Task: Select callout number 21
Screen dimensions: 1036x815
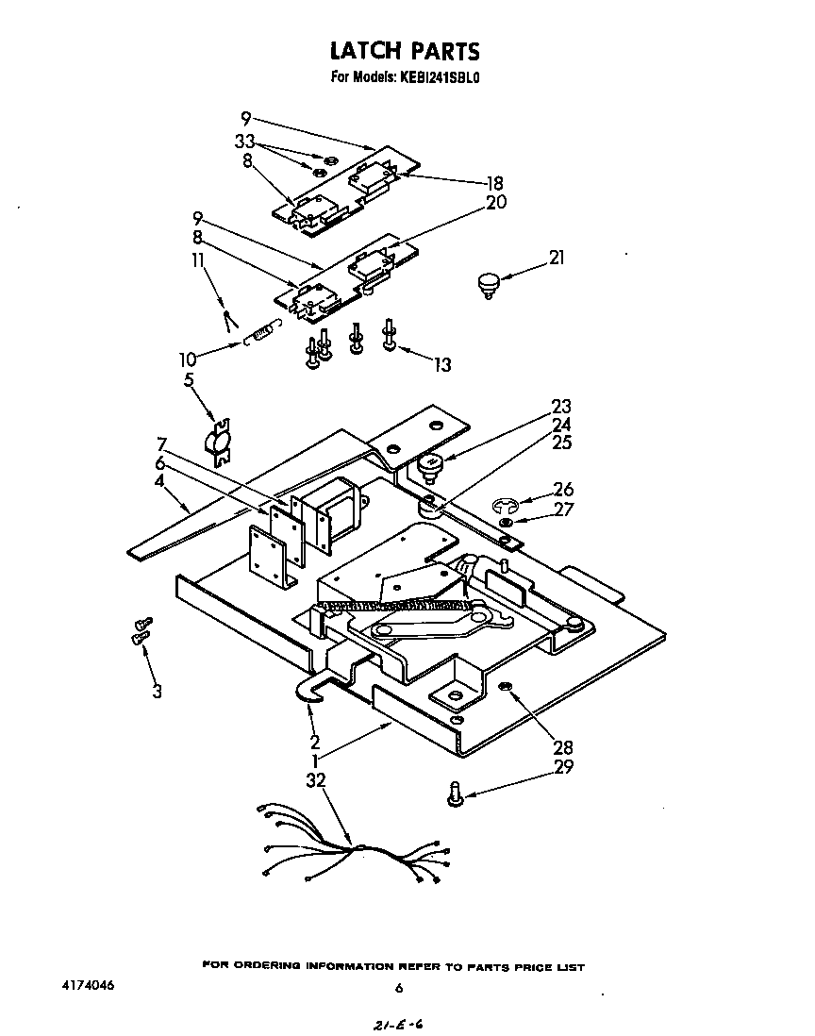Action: click(x=557, y=257)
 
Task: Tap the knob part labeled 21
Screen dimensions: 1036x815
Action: click(x=487, y=282)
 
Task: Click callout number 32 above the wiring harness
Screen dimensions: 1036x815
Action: click(x=316, y=781)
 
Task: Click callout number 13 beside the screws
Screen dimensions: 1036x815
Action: click(x=441, y=365)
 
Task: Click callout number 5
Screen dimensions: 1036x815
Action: click(x=189, y=381)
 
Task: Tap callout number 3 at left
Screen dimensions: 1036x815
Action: click(x=157, y=693)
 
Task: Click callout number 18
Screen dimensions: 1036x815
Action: click(x=494, y=183)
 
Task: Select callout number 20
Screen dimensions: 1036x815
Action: click(x=496, y=202)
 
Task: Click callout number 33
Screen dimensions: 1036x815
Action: click(x=245, y=142)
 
